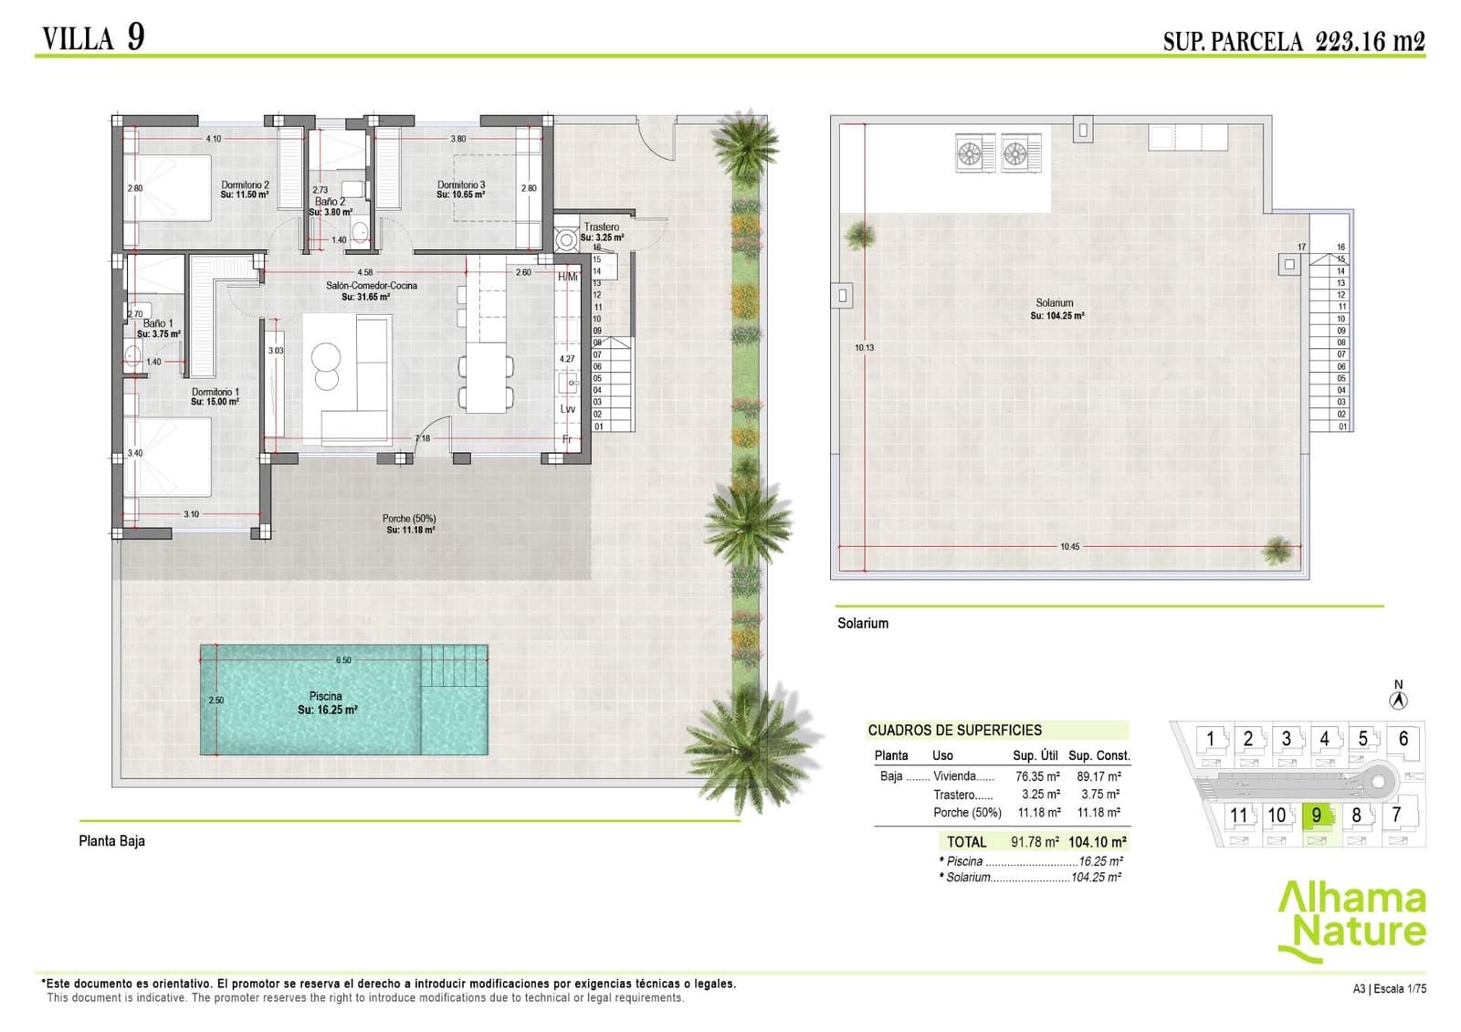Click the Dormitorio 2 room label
245,184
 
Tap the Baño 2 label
330,202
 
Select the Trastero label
602,226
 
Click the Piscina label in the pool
326,696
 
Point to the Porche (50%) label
409,518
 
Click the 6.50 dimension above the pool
343,659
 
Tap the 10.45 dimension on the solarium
1069,546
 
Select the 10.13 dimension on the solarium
864,347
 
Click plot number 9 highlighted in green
1316,815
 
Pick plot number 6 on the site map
1403,738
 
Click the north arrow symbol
1398,700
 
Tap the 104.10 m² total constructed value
1097,842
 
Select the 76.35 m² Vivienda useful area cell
1037,776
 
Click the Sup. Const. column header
1099,755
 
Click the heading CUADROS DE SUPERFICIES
954,730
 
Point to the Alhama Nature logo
1351,918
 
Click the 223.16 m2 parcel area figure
1370,41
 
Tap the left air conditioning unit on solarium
975,153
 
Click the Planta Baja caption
111,840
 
